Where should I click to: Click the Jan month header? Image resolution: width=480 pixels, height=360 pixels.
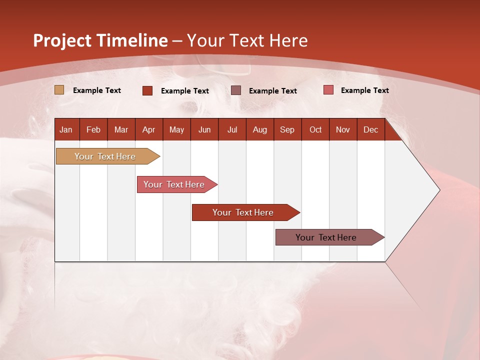(66, 130)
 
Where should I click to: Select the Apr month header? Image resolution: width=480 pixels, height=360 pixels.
(148, 130)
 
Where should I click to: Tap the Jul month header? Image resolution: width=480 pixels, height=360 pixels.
(232, 130)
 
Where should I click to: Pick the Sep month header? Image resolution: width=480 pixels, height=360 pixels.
(287, 130)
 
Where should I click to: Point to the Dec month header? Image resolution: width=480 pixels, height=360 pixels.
(370, 130)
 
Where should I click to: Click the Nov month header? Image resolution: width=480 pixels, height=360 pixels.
(342, 130)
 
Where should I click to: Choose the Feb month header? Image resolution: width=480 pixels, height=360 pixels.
(93, 130)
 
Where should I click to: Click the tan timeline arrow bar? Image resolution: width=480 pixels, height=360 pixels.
(105, 156)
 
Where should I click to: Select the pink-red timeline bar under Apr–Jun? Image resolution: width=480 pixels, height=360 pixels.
(174, 184)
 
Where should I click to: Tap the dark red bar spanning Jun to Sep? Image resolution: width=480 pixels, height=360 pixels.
(243, 212)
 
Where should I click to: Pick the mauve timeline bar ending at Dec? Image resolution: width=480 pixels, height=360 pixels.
(326, 237)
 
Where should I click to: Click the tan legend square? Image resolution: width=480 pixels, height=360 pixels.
(59, 90)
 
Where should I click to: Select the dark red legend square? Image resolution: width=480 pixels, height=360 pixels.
(147, 90)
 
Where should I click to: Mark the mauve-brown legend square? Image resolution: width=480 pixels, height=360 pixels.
(236, 90)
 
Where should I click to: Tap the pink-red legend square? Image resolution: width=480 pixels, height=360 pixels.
(328, 90)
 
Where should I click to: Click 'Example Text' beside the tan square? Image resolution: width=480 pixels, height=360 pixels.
(97, 90)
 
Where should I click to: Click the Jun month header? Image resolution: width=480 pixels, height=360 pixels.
(204, 130)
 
